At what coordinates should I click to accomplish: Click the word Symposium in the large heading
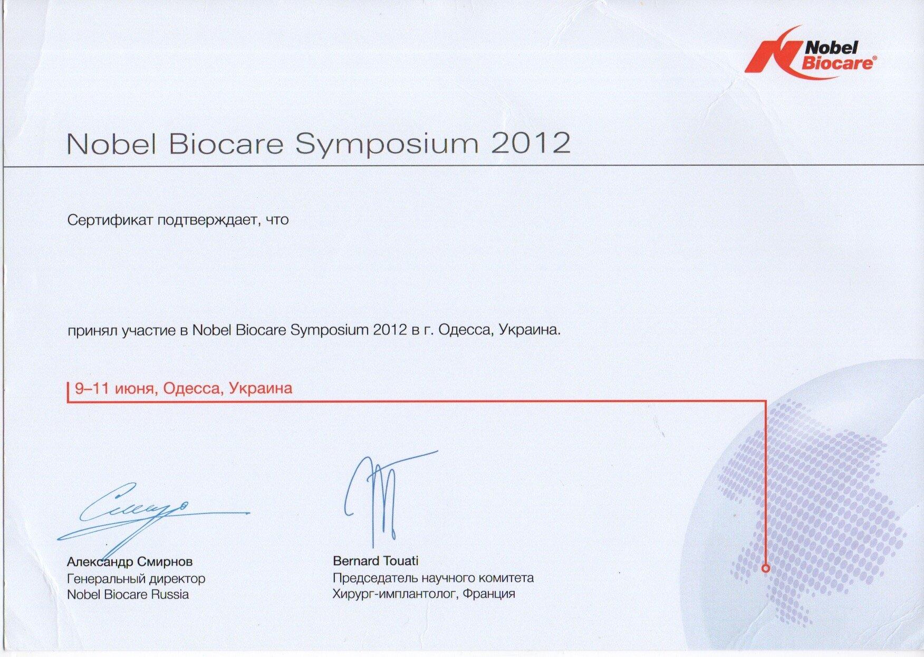(x=387, y=144)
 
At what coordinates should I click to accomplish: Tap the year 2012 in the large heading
(x=531, y=143)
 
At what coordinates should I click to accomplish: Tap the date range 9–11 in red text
(x=92, y=388)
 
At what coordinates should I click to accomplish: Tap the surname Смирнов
(x=165, y=561)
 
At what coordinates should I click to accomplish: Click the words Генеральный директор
(x=136, y=579)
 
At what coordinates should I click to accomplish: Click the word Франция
(x=489, y=594)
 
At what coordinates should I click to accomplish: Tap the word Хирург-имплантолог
(x=396, y=594)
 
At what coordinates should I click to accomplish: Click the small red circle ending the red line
(x=766, y=568)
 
